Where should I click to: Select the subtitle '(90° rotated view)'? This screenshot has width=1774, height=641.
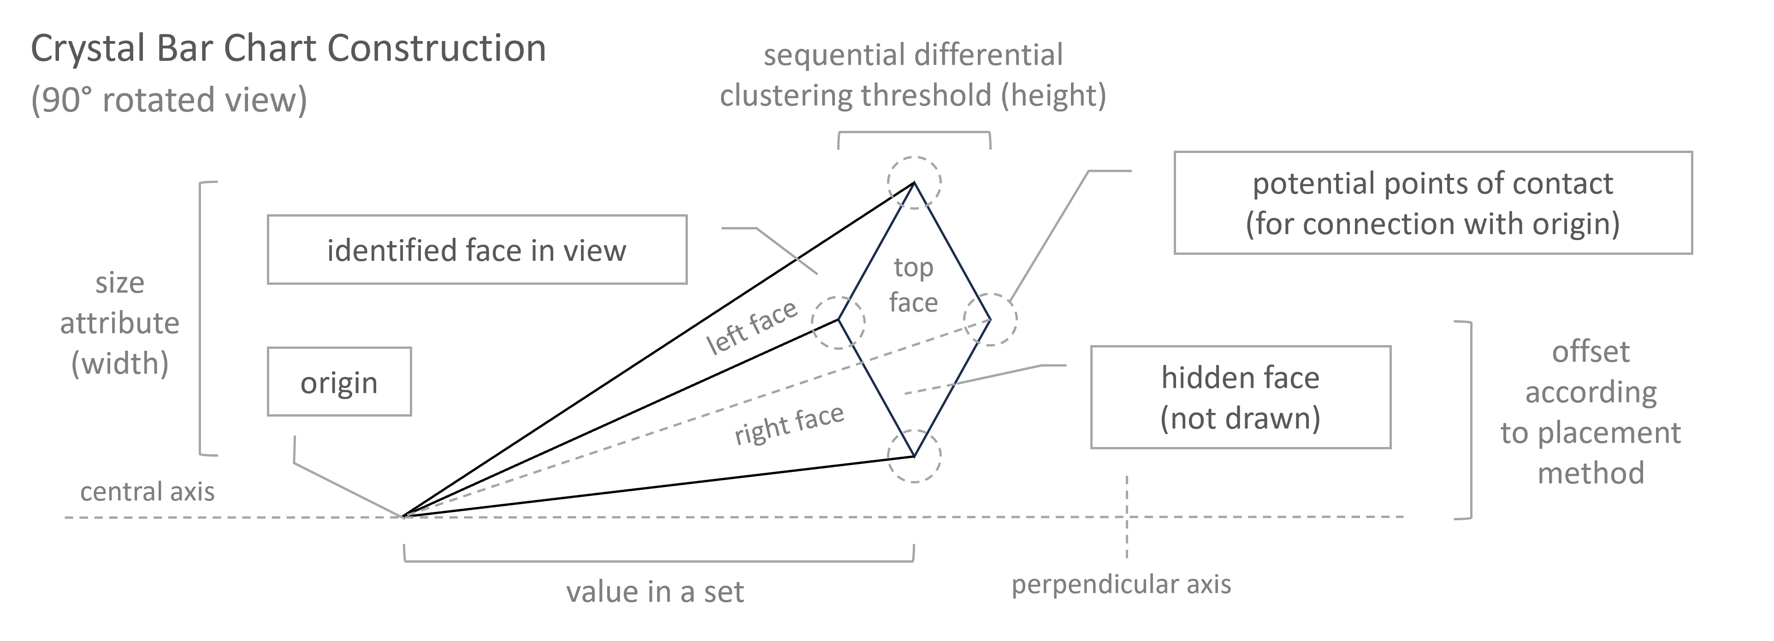pyautogui.click(x=169, y=100)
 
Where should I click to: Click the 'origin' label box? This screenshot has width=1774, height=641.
pyautogui.click(x=339, y=382)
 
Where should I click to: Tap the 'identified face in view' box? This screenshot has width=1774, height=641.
pyautogui.click(x=477, y=250)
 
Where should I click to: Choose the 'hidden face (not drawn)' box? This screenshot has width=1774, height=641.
pyautogui.click(x=1240, y=397)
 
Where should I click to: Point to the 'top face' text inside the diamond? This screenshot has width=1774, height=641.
pyautogui.click(x=913, y=284)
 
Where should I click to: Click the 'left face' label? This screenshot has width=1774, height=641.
pyautogui.click(x=751, y=328)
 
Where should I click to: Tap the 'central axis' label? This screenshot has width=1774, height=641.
pyautogui.click(x=148, y=492)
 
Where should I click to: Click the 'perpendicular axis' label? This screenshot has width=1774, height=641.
pyautogui.click(x=1120, y=584)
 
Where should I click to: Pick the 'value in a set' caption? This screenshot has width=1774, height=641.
pyautogui.click(x=655, y=591)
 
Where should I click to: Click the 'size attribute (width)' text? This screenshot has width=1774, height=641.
pyautogui.click(x=120, y=323)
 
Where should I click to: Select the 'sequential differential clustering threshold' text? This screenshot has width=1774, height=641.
pyautogui.click(x=913, y=75)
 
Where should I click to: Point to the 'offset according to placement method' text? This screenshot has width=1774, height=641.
pyautogui.click(x=1590, y=412)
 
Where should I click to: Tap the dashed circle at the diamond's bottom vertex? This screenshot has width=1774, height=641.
pyautogui.click(x=914, y=456)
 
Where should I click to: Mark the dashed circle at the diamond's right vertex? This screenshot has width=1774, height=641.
pyautogui.click(x=990, y=319)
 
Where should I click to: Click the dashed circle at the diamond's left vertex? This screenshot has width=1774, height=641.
pyautogui.click(x=838, y=322)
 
